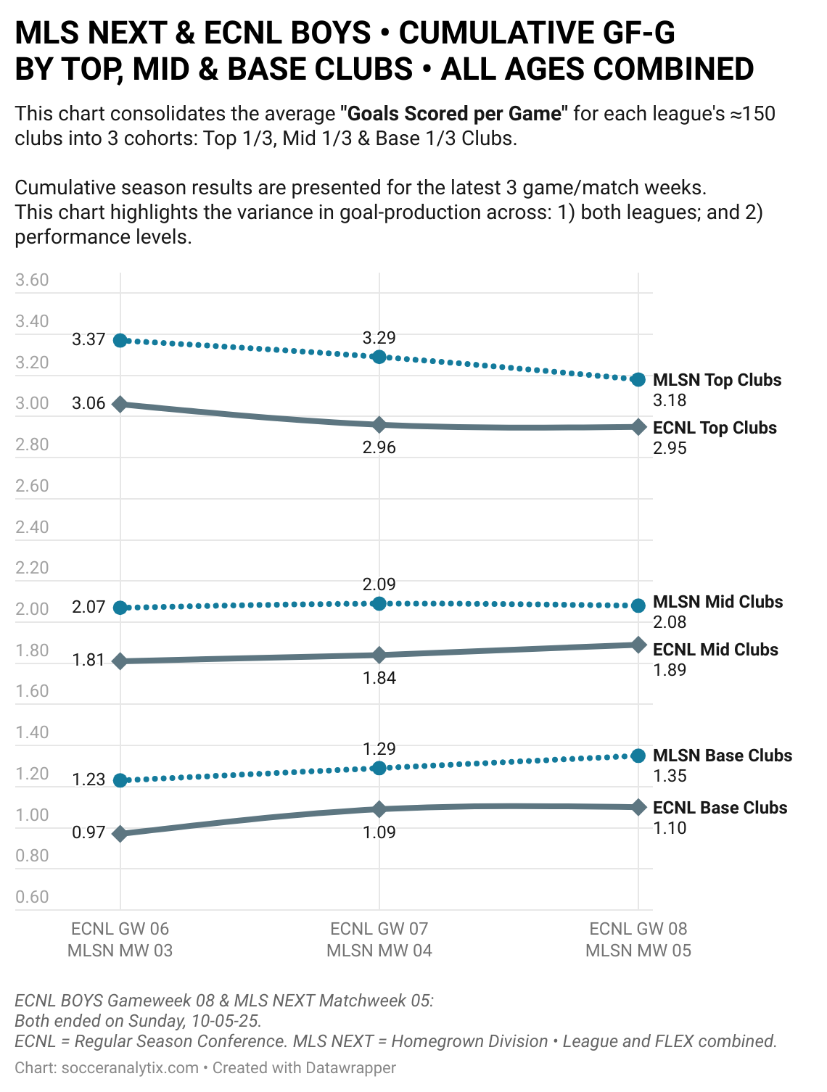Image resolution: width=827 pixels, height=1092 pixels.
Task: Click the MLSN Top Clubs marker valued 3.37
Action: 120,341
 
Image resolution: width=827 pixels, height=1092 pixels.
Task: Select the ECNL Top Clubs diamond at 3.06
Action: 120,404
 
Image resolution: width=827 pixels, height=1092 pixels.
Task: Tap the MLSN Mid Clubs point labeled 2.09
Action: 379,603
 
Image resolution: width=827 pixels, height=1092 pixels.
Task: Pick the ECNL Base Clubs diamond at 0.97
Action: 120,834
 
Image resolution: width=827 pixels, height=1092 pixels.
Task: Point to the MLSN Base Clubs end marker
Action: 638,756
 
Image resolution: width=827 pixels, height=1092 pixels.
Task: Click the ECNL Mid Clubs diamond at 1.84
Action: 379,655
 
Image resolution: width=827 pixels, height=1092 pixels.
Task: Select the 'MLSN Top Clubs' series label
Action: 717,380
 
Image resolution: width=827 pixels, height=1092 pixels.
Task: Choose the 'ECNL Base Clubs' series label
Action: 720,808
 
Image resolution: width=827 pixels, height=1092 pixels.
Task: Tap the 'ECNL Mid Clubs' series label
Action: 715,650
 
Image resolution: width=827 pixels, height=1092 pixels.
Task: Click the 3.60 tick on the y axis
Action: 32,281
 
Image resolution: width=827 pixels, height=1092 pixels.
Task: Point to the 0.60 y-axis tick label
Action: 32,897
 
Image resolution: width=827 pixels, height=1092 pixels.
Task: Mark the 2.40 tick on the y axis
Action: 32,527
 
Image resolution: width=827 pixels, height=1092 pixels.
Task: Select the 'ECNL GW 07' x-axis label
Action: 379,929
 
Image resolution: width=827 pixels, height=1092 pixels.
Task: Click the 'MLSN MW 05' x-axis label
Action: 638,951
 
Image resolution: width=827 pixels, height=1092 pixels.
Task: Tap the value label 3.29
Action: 379,338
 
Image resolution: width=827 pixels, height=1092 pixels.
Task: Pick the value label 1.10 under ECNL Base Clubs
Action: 670,828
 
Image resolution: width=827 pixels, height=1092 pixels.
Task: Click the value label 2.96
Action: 379,447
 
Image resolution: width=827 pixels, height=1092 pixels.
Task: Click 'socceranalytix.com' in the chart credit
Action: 130,1068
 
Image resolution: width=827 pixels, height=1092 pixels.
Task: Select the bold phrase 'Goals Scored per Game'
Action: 455,114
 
